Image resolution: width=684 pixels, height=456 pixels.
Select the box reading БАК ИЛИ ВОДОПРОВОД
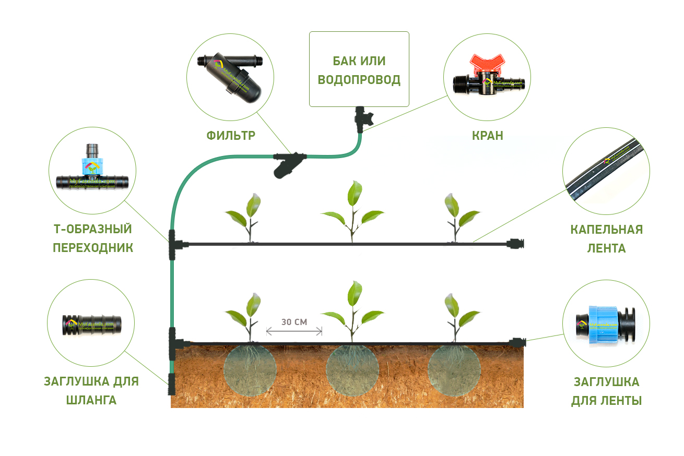(x=359, y=69)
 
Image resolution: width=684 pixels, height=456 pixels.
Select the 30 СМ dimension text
(x=294, y=322)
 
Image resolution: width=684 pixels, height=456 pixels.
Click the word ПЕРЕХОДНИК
(x=93, y=247)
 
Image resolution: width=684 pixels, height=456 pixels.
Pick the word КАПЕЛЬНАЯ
(x=606, y=230)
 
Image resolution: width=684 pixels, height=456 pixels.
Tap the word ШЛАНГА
(x=91, y=400)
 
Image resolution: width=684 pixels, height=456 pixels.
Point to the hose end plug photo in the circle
(x=91, y=324)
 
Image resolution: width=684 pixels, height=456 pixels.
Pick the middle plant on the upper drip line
(x=352, y=211)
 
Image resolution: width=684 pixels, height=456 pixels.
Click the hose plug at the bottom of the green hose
(x=171, y=385)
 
